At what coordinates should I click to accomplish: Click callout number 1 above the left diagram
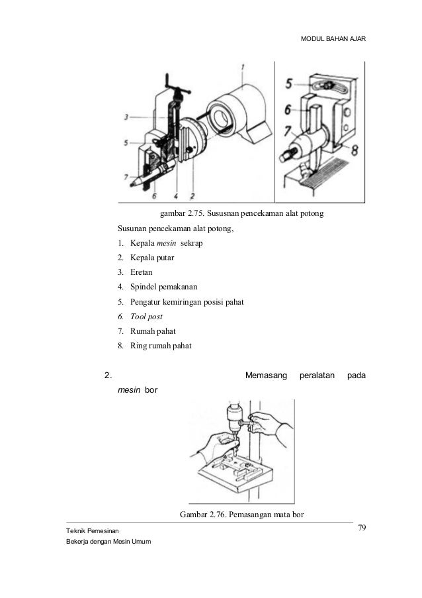click(243, 67)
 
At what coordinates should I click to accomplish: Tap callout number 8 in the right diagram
click(355, 150)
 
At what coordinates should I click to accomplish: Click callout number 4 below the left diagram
click(176, 195)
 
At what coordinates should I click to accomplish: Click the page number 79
click(362, 527)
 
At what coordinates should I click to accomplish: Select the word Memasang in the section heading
click(267, 376)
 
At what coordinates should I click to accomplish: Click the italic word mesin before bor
click(129, 391)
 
